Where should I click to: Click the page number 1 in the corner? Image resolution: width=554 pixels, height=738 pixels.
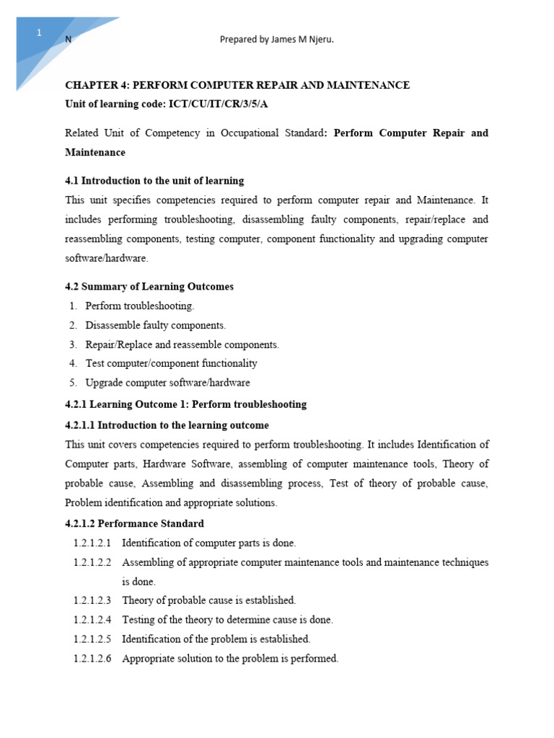tap(40, 33)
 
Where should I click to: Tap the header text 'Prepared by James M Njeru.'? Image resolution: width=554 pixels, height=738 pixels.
tap(276, 40)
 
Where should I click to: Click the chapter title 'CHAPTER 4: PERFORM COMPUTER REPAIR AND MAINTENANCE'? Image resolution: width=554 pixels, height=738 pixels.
tap(237, 85)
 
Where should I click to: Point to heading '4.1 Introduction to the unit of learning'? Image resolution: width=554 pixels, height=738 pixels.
tap(154, 181)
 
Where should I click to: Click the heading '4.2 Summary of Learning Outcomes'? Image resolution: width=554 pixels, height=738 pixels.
tap(149, 287)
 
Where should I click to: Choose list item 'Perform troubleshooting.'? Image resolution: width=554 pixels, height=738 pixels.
tap(140, 306)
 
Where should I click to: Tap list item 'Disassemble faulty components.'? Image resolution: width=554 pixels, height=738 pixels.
tap(155, 326)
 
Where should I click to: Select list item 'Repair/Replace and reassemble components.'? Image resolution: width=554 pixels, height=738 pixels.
tap(182, 344)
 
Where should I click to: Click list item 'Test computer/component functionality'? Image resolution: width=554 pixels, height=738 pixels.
tap(171, 364)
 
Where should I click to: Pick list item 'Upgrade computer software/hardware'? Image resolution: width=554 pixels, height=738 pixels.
tap(167, 383)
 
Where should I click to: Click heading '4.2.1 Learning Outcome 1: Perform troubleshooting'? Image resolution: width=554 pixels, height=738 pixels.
tap(185, 404)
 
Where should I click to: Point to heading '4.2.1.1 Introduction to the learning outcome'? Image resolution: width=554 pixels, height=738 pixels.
tap(167, 425)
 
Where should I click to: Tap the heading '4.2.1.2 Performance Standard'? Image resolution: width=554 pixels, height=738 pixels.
tap(134, 523)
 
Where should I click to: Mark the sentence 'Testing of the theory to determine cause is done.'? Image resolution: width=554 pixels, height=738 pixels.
tap(227, 620)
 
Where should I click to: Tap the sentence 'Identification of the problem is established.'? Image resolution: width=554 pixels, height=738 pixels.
tap(216, 639)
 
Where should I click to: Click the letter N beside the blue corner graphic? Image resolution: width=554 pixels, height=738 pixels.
tap(69, 40)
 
